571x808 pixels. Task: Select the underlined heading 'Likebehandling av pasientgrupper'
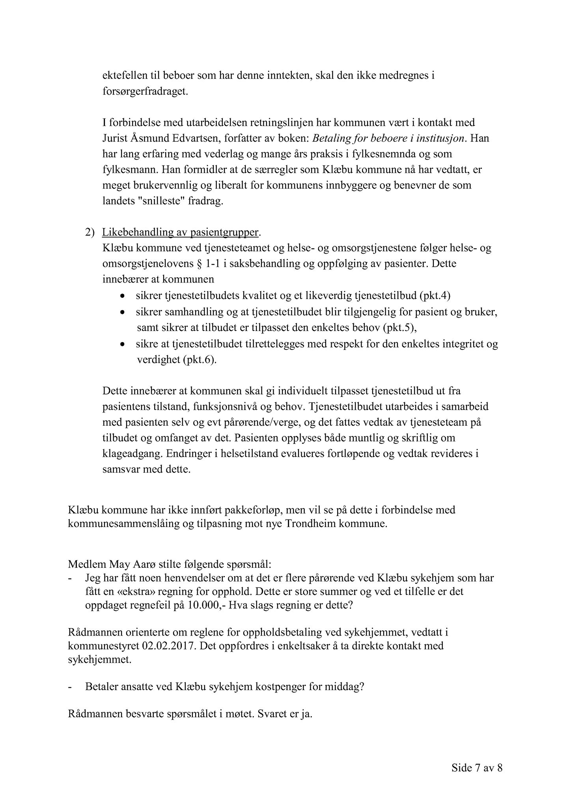[x=180, y=233]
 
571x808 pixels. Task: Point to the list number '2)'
[x=90, y=233]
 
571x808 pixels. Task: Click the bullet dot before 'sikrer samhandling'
[x=123, y=312]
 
